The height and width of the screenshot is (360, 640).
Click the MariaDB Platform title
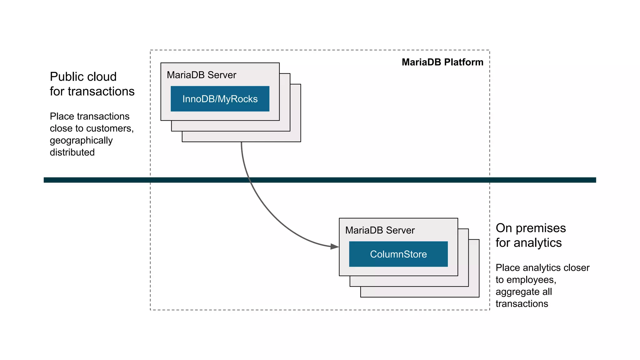[442, 62]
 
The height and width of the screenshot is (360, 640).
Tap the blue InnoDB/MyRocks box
[220, 99]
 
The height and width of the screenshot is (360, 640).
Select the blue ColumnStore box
[398, 254]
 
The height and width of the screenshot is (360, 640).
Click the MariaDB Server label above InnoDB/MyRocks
[201, 75]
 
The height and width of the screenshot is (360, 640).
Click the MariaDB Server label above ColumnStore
[380, 230]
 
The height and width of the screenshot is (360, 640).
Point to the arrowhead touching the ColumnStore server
[335, 247]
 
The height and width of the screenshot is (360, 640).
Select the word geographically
[81, 141]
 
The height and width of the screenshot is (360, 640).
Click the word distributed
[72, 152]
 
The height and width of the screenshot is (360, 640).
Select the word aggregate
[516, 292]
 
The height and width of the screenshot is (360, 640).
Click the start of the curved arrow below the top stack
[242, 143]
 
